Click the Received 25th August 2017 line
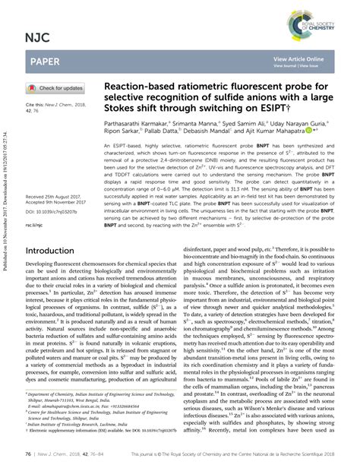tap(58, 195)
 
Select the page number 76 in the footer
tap(29, 453)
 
